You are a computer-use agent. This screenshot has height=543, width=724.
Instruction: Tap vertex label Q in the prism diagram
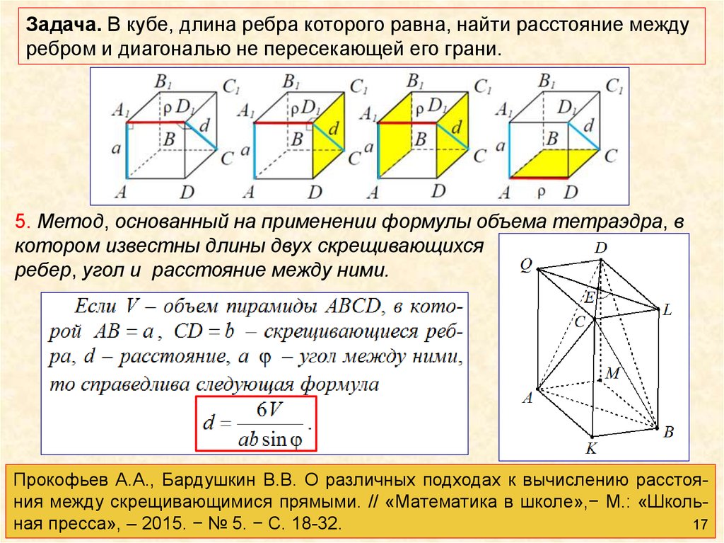[x=525, y=264]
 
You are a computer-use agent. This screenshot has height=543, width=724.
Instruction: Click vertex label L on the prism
[x=667, y=309]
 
